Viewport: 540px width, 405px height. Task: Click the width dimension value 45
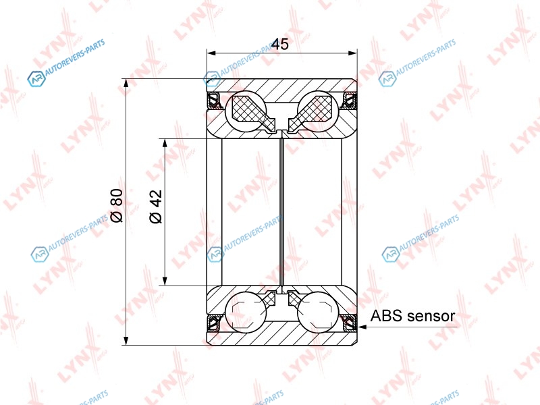[x=280, y=45]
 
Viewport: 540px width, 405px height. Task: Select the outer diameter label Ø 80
[x=117, y=206]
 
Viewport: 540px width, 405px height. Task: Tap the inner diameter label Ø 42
[x=156, y=207]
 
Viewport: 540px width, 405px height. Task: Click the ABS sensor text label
[x=412, y=316]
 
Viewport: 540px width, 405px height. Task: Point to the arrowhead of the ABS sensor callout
[x=362, y=327]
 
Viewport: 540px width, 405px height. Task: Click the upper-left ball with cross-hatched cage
[x=245, y=111]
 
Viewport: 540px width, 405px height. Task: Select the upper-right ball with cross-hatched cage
[x=318, y=111]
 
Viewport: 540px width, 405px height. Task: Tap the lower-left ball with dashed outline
[x=245, y=313]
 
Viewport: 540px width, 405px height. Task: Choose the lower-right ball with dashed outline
[x=318, y=313]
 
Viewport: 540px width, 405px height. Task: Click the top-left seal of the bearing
[x=215, y=101]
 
